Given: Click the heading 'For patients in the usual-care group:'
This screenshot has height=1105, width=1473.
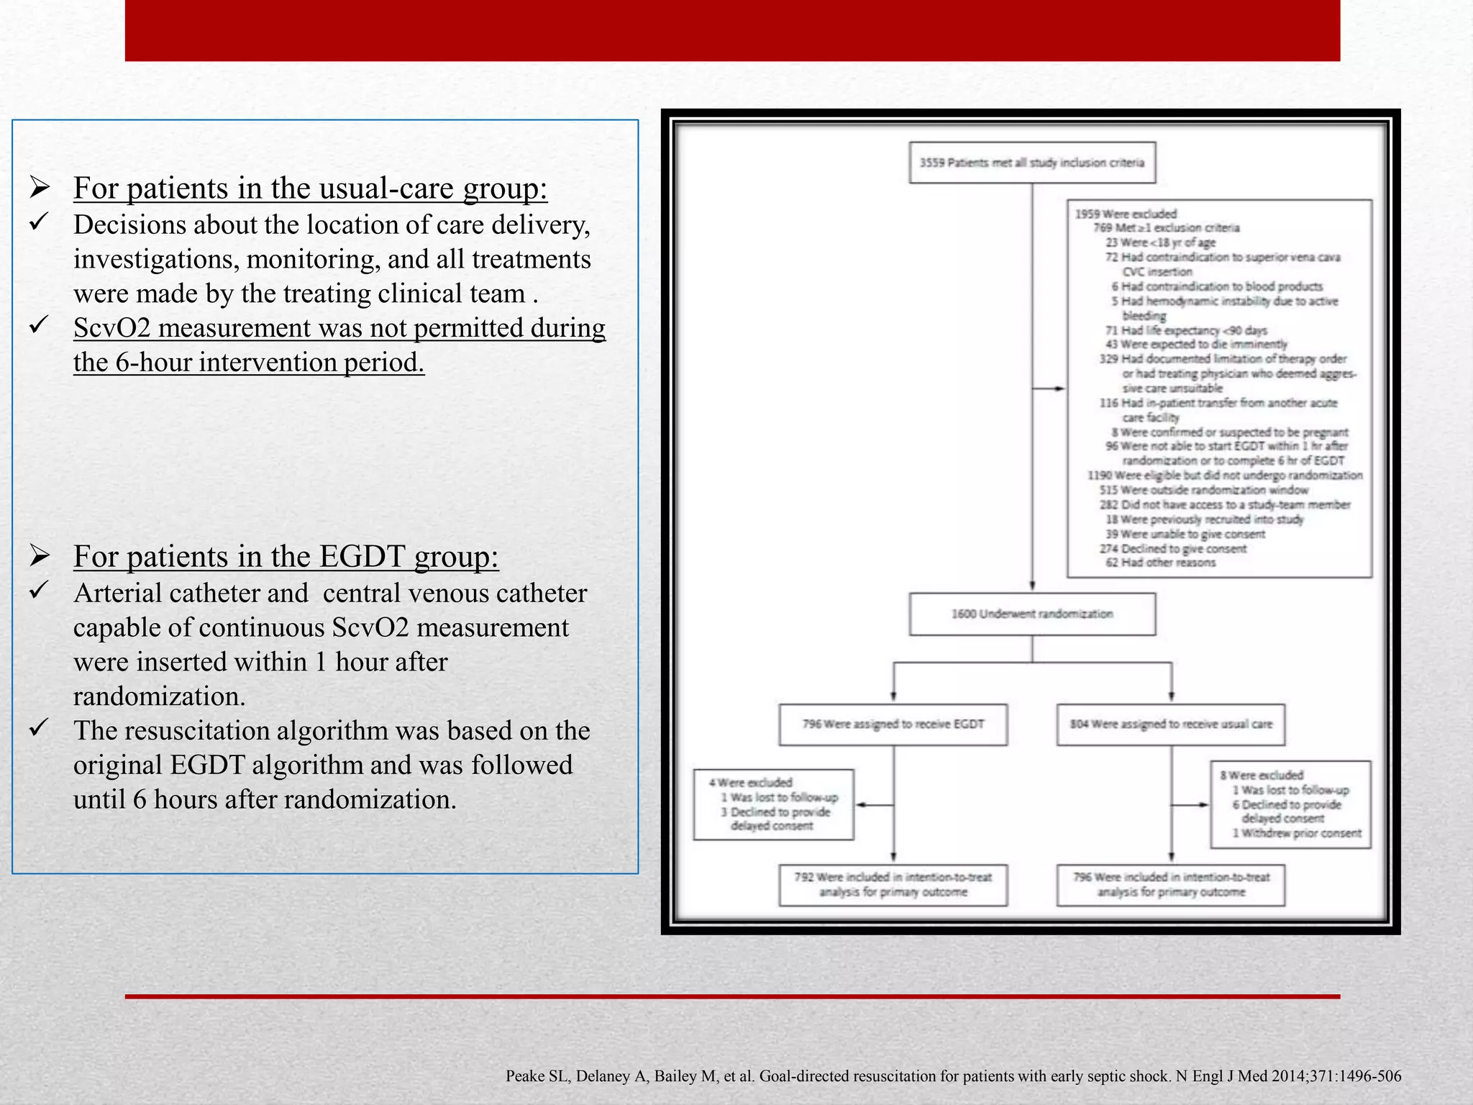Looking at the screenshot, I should (310, 188).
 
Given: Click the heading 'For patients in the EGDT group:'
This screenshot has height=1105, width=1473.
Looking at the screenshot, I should (286, 557).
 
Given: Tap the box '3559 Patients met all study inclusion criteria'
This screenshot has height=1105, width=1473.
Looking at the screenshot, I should (1032, 163).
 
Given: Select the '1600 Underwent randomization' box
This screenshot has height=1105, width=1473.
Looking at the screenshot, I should (1032, 614).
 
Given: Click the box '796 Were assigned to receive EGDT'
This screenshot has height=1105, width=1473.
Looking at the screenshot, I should (893, 724).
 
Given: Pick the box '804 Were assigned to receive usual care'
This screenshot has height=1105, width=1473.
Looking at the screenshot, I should (1171, 724).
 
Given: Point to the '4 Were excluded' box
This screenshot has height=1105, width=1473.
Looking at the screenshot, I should (773, 804).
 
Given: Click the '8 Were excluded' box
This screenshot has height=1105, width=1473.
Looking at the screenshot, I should (1290, 804).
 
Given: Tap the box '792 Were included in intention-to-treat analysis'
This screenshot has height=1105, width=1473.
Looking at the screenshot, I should (893, 885).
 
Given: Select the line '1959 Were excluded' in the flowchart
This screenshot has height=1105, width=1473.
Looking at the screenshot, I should (1126, 214).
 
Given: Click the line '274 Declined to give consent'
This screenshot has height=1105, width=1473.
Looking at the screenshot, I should (1174, 549).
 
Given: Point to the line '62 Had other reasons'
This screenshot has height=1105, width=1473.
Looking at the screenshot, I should (1160, 563).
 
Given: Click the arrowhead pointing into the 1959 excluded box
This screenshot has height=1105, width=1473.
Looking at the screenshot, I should (1060, 388).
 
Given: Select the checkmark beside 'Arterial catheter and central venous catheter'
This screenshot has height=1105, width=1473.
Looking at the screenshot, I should (39, 591).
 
